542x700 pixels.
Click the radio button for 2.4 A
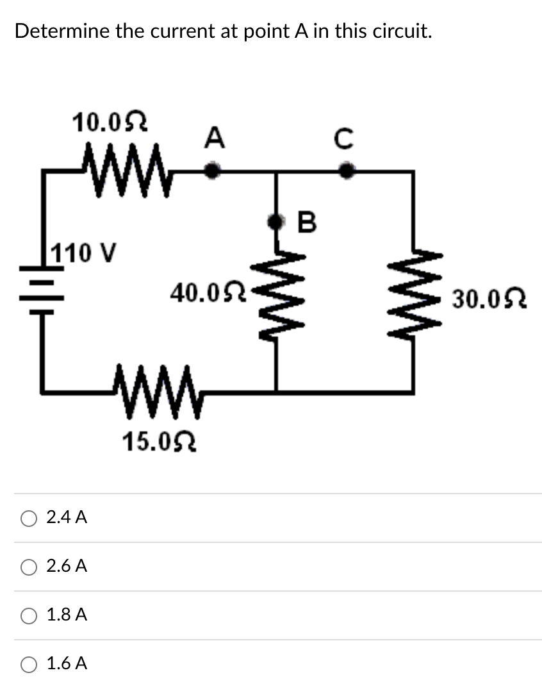[x=29, y=518]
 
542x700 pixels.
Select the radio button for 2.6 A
[x=29, y=567]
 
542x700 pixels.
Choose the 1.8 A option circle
[x=29, y=615]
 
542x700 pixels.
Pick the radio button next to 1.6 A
[x=29, y=663]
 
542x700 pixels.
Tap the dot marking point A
[x=215, y=171]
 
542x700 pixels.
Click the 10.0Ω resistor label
[x=110, y=121]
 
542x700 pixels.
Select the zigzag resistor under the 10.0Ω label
[x=125, y=173]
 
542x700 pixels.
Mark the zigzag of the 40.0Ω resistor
[x=276, y=297]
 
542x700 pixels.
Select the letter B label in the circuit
[x=308, y=222]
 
